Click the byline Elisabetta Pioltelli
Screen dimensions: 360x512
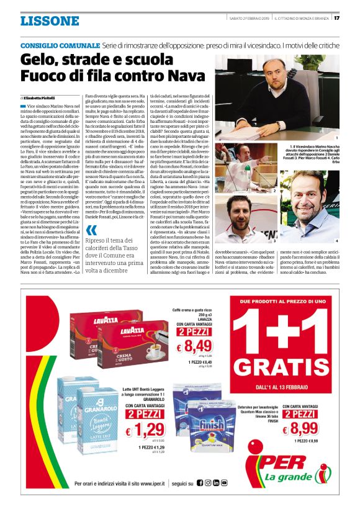(x=40, y=98)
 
